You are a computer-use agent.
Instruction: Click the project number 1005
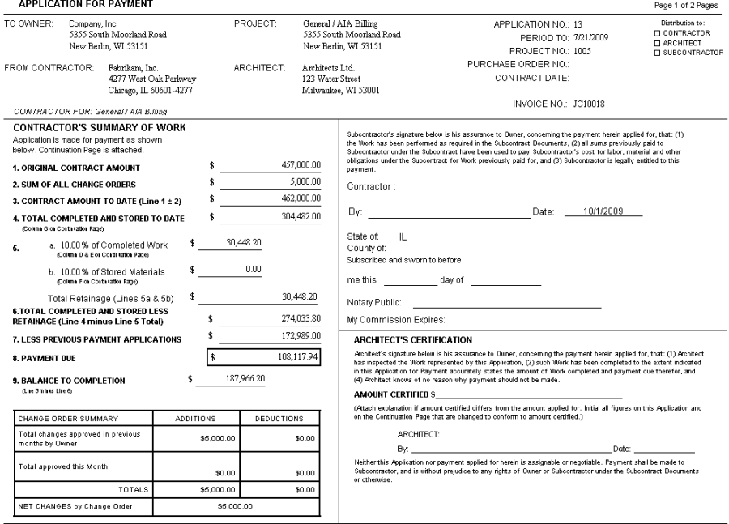[582, 50]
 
